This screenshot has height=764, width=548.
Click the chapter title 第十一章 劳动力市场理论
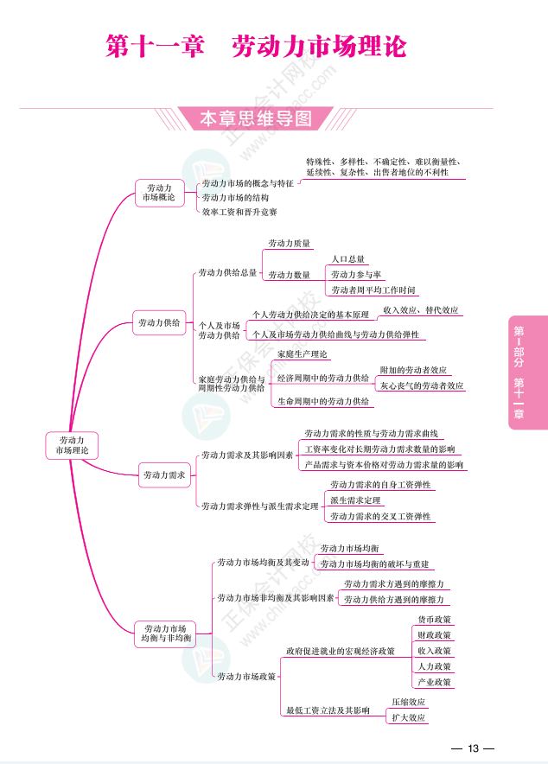[255, 46]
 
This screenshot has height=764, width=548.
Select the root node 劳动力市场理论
[72, 445]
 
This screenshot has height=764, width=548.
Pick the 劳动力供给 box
[159, 323]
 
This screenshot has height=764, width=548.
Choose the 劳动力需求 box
[164, 474]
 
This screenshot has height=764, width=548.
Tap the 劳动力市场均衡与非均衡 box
[165, 633]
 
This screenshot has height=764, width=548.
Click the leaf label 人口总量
[348, 258]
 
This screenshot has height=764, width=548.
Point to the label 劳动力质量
[289, 244]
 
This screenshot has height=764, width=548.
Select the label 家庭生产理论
[303, 354]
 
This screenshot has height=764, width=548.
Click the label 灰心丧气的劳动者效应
[422, 385]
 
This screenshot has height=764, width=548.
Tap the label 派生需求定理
[355, 500]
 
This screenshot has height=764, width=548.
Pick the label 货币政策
[434, 620]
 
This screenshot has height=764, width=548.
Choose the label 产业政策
[434, 682]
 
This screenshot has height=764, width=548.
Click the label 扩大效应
[408, 717]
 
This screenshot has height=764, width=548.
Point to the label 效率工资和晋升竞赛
[239, 212]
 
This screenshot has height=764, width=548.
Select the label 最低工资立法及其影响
[328, 710]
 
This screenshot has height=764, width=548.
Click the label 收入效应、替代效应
[420, 309]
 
